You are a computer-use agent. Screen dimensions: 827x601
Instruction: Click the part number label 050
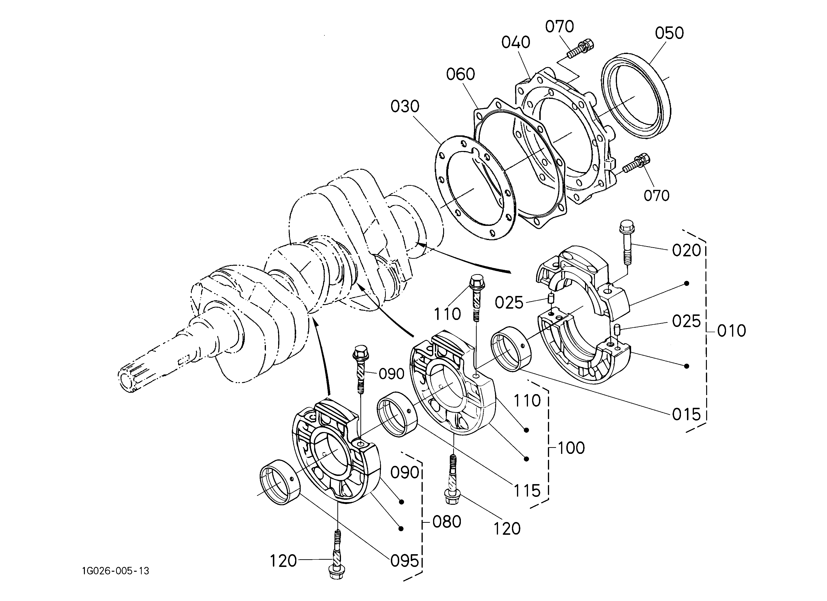pos(669,33)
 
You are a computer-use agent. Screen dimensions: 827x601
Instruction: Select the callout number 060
pos(461,74)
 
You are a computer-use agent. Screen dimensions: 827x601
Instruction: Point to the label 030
pos(405,107)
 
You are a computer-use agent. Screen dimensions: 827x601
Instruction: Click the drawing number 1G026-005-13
pos(116,571)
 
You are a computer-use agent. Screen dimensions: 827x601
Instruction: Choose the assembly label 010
pos(732,331)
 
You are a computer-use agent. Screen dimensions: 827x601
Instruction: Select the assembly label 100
pos(571,448)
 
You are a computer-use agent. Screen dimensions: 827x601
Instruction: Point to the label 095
pos(405,561)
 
